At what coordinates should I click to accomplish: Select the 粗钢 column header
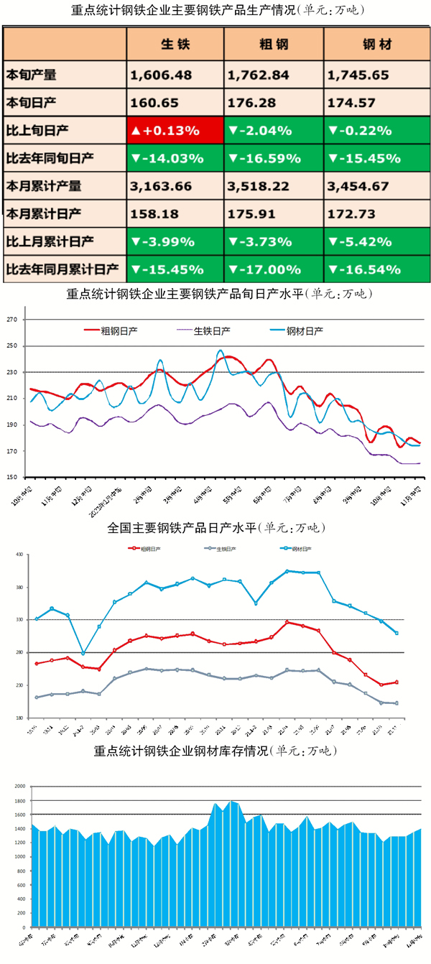[273, 45]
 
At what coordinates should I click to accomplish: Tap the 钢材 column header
[374, 45]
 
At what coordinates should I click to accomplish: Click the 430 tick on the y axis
[19, 555]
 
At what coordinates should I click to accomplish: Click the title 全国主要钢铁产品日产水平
[215, 528]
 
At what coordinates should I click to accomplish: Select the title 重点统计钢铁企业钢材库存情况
[215, 751]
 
